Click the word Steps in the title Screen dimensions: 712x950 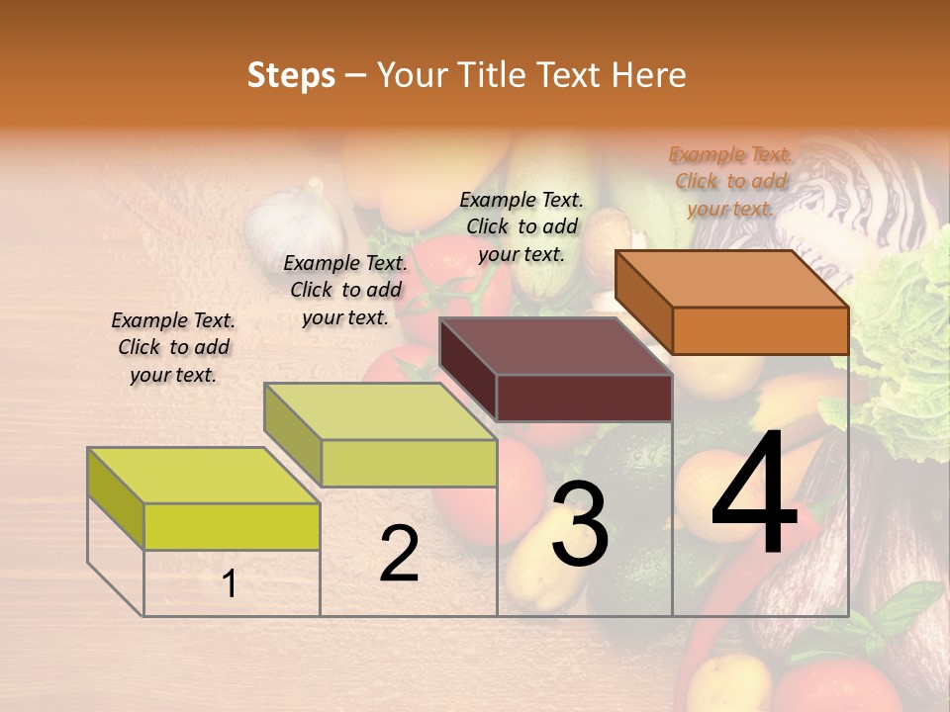pos(291,75)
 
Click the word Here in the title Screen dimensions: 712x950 pos(649,75)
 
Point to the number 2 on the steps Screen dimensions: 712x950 pos(399,554)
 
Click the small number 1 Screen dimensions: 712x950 pos(230,583)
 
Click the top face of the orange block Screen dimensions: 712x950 pos(732,278)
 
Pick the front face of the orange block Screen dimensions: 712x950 pos(760,330)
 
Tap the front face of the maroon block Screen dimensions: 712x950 pos(584,398)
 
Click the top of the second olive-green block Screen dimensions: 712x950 pos(380,410)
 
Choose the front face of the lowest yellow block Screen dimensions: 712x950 pos(232,526)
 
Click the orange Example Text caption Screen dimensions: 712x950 pos(731,181)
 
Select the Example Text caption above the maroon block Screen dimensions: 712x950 pos(522,226)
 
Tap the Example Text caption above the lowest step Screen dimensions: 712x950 pos(173,347)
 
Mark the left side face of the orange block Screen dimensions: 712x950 pos(643,301)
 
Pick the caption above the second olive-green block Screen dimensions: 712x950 pos(345,290)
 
